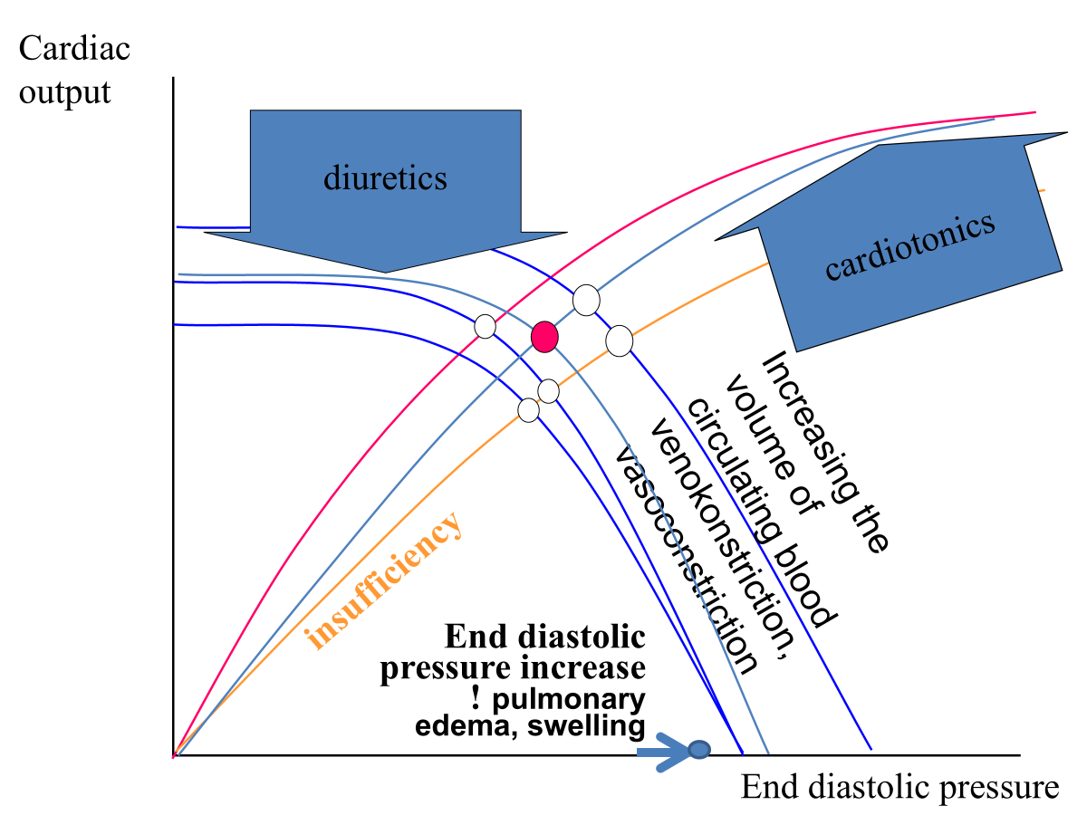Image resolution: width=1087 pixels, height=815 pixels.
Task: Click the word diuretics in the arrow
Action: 385,177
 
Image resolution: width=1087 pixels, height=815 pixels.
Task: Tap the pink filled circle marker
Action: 543,336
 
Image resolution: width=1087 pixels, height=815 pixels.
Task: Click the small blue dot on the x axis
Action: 698,749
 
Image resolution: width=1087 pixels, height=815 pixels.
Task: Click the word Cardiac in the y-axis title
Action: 74,49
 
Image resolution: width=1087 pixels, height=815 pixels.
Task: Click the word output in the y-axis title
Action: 64,92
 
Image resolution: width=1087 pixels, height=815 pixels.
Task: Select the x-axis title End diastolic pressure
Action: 899,787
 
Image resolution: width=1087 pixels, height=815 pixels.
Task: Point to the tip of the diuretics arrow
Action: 388,271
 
